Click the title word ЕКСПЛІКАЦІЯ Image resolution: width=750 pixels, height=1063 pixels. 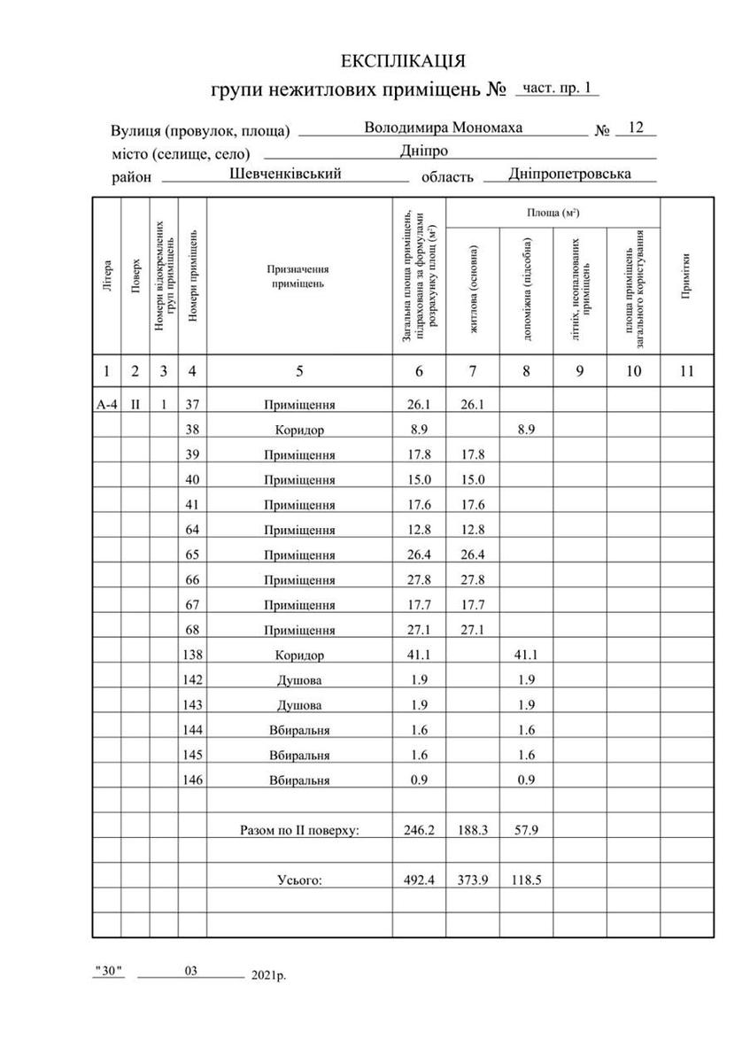pos(403,60)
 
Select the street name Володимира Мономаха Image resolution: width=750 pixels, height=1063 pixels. pos(443,128)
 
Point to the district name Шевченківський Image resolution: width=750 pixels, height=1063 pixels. pos(285,175)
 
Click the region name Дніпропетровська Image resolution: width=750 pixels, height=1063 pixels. pos(569,175)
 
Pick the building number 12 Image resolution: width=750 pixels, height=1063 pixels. pos(635,128)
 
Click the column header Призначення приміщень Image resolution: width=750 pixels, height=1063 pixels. pos(299,275)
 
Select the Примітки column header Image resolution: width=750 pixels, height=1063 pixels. pos(686,275)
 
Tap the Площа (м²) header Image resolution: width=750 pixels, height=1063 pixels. pos(553,213)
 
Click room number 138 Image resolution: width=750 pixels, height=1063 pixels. pos(192,656)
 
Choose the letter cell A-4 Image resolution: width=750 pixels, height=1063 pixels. pos(106,405)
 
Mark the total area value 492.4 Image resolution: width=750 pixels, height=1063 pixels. pos(419,880)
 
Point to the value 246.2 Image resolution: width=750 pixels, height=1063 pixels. pos(419,832)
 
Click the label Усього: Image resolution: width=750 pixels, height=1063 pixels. pos(299,880)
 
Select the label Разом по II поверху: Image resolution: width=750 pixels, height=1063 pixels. pos(299,832)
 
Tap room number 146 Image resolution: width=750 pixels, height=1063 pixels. pos(192,780)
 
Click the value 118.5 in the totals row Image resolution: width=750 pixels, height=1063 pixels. pos(526,880)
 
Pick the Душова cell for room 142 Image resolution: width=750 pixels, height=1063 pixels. pos(299,680)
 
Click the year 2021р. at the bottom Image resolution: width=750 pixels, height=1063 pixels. pos(269,975)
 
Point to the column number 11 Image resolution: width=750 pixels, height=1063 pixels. pos(686,371)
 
